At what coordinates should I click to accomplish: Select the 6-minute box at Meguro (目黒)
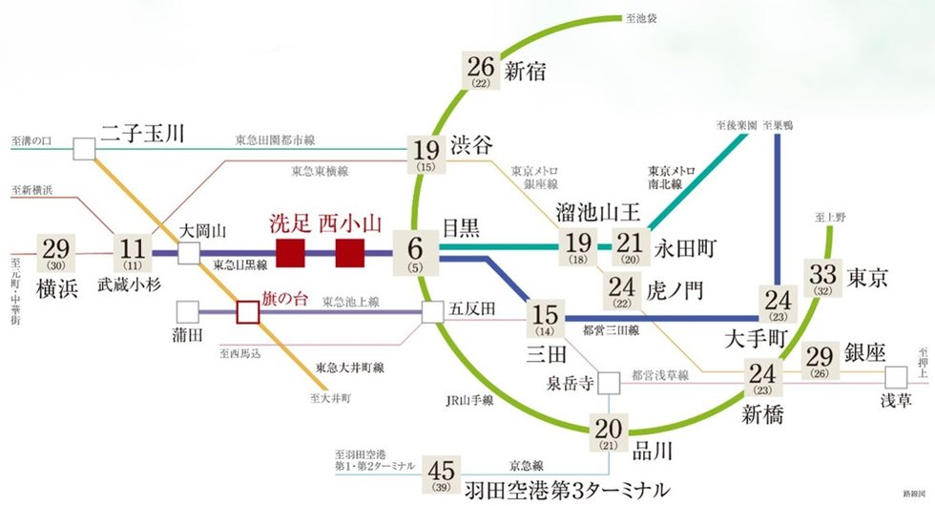tap(415, 253)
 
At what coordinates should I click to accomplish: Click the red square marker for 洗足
tap(290, 254)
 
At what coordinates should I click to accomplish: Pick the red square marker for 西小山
tap(350, 254)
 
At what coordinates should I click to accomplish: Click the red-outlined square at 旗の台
tap(247, 312)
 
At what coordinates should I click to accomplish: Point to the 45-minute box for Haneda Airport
tap(442, 474)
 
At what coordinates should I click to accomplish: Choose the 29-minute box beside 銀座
tap(819, 359)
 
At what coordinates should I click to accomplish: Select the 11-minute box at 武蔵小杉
tap(132, 253)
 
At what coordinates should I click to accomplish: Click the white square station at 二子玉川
tap(85, 149)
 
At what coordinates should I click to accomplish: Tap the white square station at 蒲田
tap(188, 312)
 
